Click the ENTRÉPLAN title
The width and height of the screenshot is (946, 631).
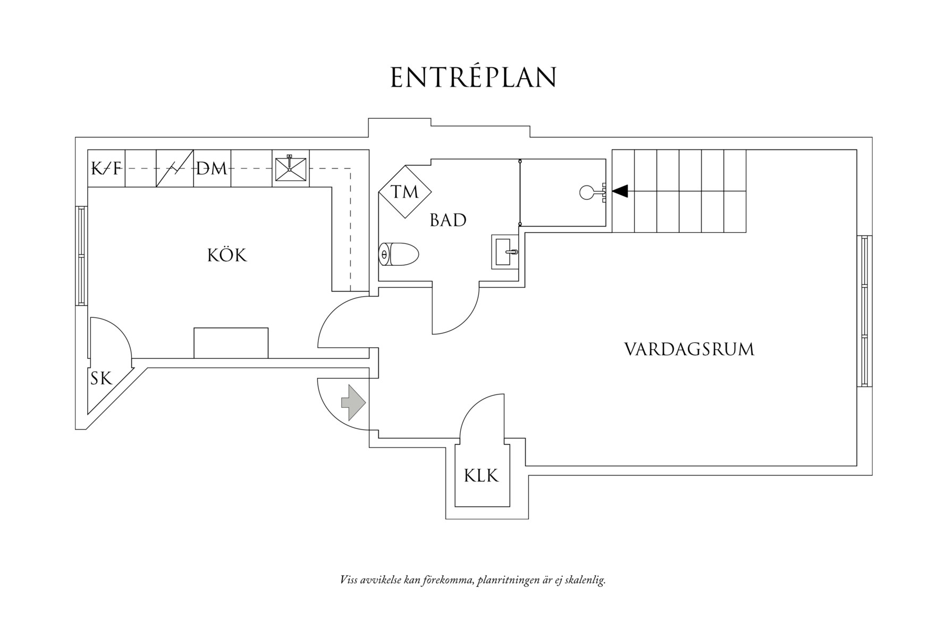tap(473, 78)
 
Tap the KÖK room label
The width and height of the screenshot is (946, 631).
tap(227, 256)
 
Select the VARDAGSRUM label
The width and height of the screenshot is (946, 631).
tap(689, 349)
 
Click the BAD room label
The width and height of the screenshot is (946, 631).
tap(448, 220)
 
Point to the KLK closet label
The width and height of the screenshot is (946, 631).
tap(481, 475)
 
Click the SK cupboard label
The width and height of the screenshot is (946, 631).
tap(101, 378)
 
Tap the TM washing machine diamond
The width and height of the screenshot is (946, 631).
tap(405, 191)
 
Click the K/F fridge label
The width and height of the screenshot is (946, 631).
tap(106, 169)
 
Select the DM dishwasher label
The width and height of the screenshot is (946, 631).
tap(212, 169)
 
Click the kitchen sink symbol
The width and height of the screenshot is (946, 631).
tap(290, 169)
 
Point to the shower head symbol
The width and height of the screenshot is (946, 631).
tap(587, 192)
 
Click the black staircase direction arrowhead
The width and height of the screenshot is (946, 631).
tap(620, 190)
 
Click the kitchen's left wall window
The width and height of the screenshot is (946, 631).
tap(81, 256)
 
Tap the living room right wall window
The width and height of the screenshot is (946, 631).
tap(864, 312)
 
